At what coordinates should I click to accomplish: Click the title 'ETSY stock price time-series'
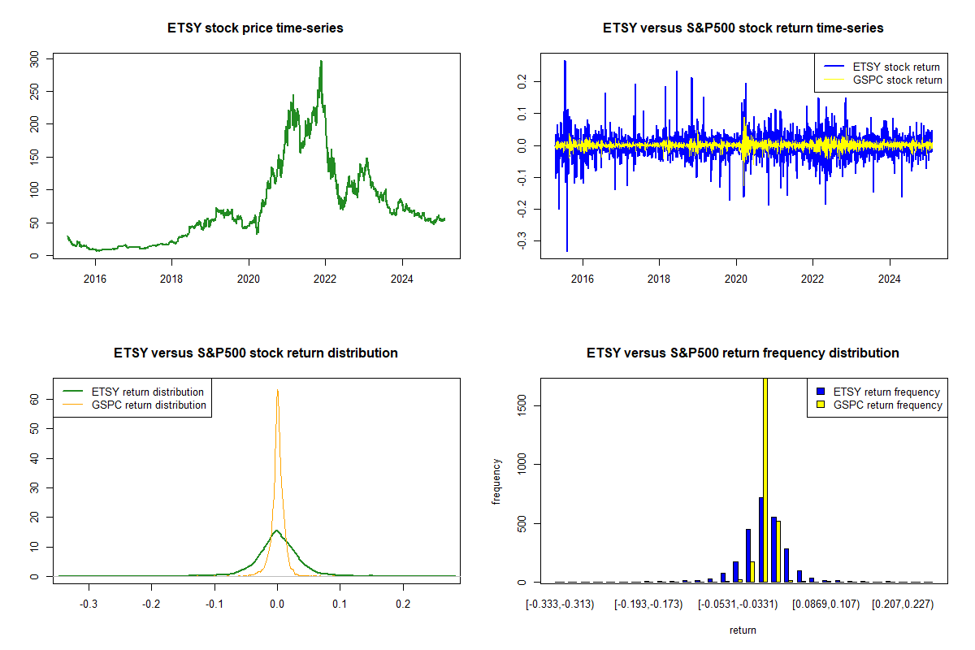pyautogui.click(x=255, y=28)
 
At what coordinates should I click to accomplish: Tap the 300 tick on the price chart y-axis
pyautogui.click(x=34, y=58)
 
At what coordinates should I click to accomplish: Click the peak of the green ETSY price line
pyautogui.click(x=321, y=61)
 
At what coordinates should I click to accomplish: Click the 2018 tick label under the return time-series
pyautogui.click(x=659, y=279)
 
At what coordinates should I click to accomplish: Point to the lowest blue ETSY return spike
pyautogui.click(x=567, y=250)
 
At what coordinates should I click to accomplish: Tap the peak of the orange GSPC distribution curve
pyautogui.click(x=277, y=390)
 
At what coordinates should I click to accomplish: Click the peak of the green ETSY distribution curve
pyautogui.click(x=276, y=531)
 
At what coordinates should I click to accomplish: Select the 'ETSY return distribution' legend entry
pyautogui.click(x=147, y=392)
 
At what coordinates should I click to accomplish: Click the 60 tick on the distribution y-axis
pyautogui.click(x=35, y=400)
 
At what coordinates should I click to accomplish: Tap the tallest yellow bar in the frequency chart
pyautogui.click(x=765, y=479)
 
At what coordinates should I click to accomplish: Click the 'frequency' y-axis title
pyautogui.click(x=496, y=481)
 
